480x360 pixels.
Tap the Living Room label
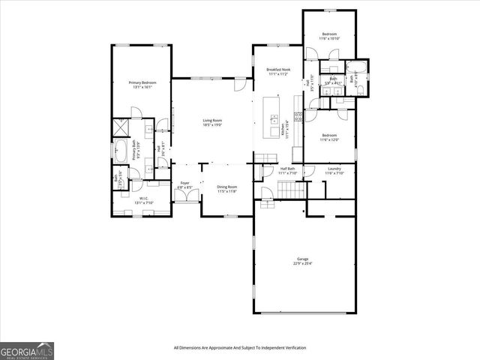[x=212, y=122]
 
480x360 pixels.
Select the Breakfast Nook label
[x=278, y=72]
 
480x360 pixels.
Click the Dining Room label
[x=226, y=189]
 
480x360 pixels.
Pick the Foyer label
[x=184, y=184]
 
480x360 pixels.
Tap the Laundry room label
[x=334, y=170]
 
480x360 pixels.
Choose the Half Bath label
[x=288, y=170]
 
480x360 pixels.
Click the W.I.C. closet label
[x=123, y=200]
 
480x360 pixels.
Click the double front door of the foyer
[x=183, y=197]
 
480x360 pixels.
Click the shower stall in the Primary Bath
[x=121, y=126]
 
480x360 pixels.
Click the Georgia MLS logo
[x=27, y=350]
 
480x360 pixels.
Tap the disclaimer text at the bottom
[x=240, y=348]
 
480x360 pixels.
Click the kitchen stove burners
[x=298, y=115]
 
